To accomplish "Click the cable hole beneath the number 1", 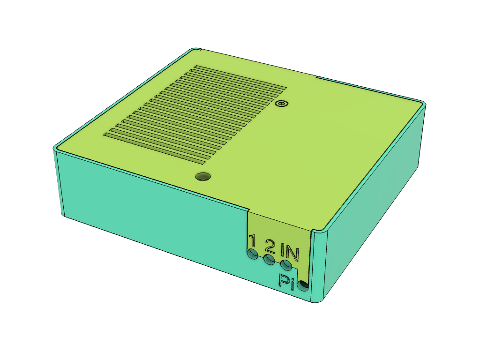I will click(x=253, y=255).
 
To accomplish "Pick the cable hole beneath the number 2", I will click(x=269, y=260).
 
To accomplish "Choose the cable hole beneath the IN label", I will click(x=286, y=265).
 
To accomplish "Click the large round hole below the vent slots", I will click(x=203, y=177).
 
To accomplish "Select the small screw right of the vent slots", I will click(x=281, y=103).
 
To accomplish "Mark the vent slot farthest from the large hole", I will click(x=239, y=76).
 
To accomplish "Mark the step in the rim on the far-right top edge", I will click(x=317, y=76).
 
